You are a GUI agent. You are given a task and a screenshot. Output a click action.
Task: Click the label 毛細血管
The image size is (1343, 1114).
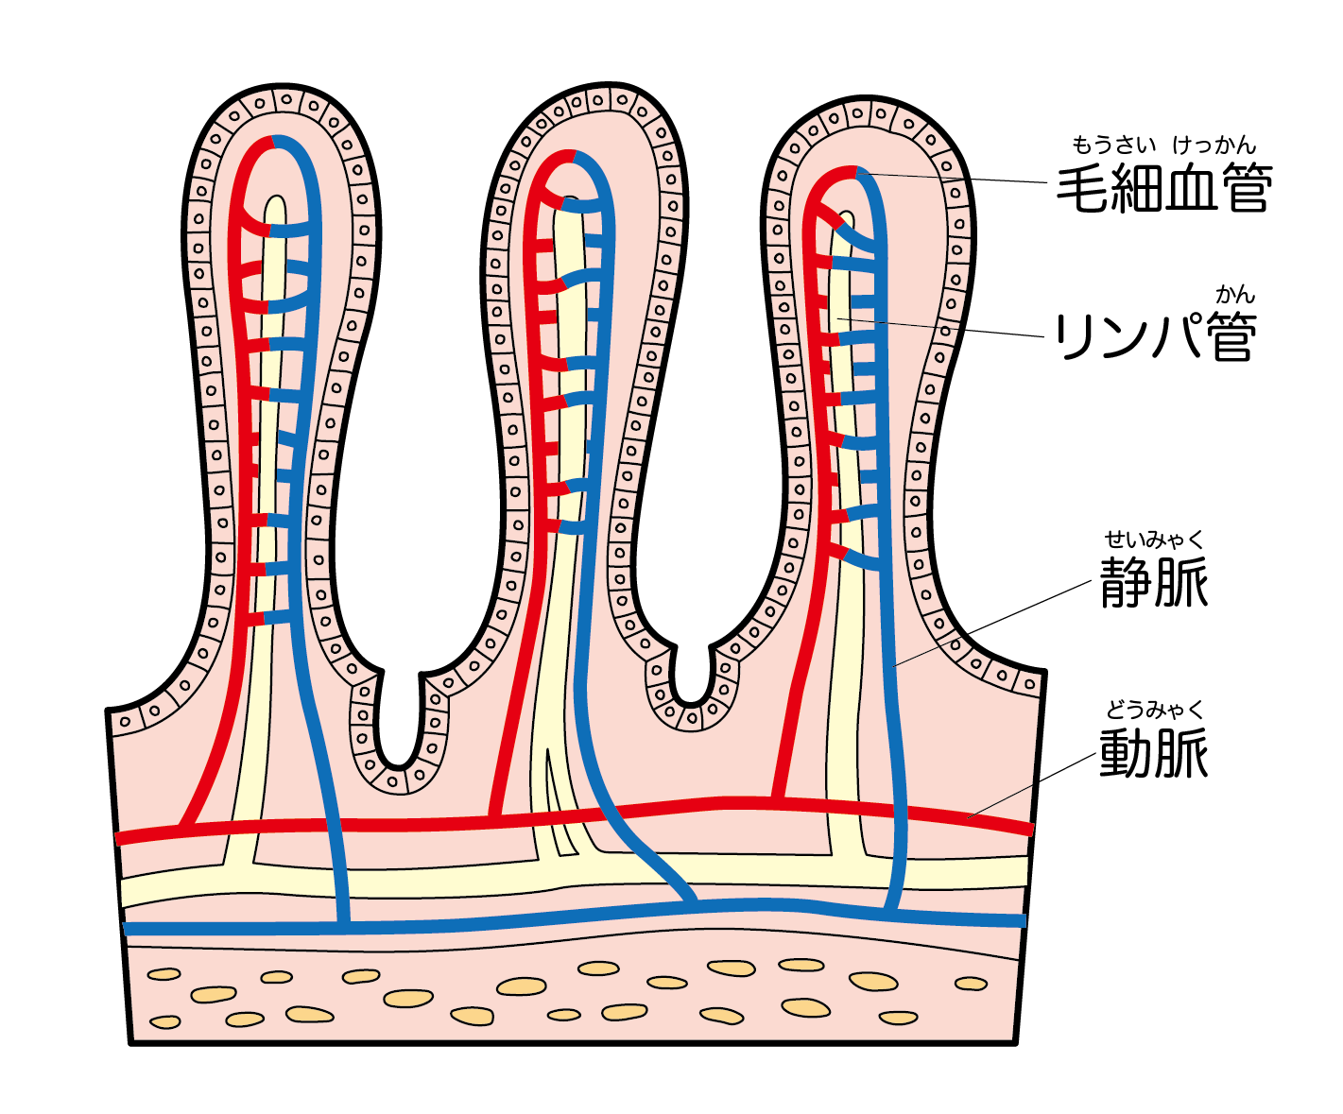pyautogui.click(x=1164, y=189)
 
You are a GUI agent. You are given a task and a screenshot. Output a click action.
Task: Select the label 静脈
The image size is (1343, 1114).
pyautogui.click(x=1154, y=580)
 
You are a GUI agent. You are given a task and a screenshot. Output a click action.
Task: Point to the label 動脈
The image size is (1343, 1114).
pyautogui.click(x=1154, y=752)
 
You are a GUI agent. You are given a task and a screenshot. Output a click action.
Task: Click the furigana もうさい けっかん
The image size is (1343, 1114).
pyautogui.click(x=1163, y=145)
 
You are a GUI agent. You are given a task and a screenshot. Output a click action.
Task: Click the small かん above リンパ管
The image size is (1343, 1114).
pyautogui.click(x=1234, y=295)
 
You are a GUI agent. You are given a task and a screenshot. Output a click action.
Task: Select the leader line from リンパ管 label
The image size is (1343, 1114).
pyautogui.click(x=945, y=327)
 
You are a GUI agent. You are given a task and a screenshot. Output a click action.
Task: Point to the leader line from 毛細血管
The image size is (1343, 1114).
pyautogui.click(x=955, y=178)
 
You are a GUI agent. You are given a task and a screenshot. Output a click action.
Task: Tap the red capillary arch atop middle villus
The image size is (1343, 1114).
pyautogui.click(x=558, y=161)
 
